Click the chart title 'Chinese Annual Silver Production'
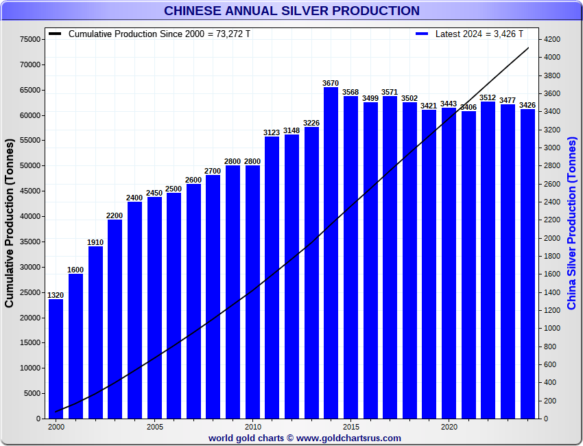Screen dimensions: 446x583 click(291, 11)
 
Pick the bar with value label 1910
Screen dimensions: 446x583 click(95, 332)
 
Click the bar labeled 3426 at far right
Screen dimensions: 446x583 click(527, 263)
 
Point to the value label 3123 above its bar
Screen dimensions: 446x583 click(272, 132)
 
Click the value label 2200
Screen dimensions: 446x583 click(115, 215)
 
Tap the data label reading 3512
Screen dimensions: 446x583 click(488, 97)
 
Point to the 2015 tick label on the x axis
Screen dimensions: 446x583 click(350, 426)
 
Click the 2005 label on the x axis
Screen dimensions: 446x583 click(154, 426)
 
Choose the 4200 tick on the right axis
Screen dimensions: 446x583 click(553, 40)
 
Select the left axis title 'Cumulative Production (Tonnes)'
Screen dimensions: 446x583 click(10, 223)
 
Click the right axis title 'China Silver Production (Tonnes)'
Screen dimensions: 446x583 click(572, 223)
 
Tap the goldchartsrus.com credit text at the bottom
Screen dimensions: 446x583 click(305, 438)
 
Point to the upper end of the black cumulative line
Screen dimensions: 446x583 click(527, 48)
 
